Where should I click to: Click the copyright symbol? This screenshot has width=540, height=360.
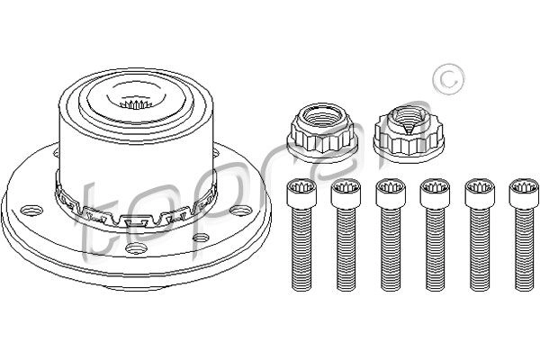pyautogui.click(x=448, y=79)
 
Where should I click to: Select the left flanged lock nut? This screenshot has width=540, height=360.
pyautogui.click(x=323, y=132)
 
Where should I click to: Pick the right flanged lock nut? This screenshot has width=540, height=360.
pyautogui.click(x=409, y=133)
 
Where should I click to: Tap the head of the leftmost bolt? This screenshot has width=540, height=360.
pyautogui.click(x=301, y=193)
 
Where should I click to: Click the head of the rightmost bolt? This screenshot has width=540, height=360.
pyautogui.click(x=525, y=193)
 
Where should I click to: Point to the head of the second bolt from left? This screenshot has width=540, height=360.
pyautogui.click(x=346, y=193)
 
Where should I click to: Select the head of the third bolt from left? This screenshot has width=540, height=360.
pyautogui.click(x=391, y=193)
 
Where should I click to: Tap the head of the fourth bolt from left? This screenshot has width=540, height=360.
pyautogui.click(x=436, y=193)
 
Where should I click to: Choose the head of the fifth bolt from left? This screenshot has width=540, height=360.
pyautogui.click(x=480, y=193)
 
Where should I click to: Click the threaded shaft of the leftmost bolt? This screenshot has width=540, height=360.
pyautogui.click(x=301, y=249)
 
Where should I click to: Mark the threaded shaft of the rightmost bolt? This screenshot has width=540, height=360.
pyautogui.click(x=525, y=249)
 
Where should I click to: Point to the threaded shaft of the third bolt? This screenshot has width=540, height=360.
pyautogui.click(x=391, y=249)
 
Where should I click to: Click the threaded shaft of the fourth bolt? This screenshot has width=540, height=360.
pyautogui.click(x=436, y=249)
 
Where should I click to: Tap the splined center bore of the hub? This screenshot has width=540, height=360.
pyautogui.click(x=135, y=103)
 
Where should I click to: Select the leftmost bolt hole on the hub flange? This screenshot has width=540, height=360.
pyautogui.click(x=31, y=211)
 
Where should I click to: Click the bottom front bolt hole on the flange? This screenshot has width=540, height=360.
pyautogui.click(x=137, y=248)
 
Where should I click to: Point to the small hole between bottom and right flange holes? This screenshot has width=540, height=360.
pyautogui.click(x=201, y=238)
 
